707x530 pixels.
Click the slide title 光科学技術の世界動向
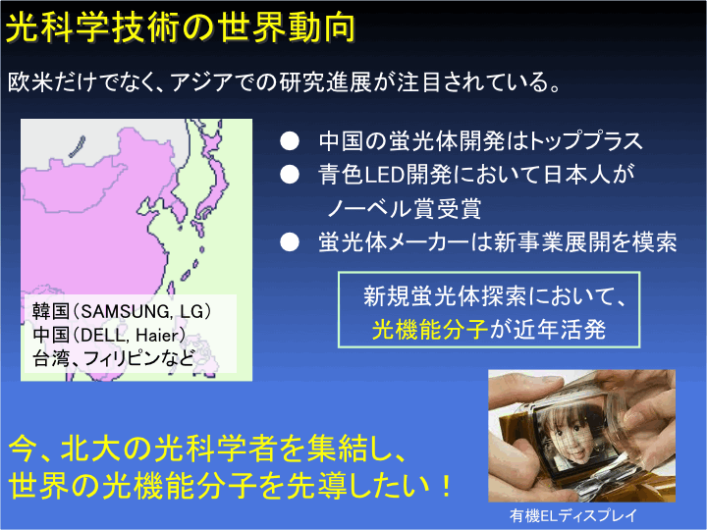click(x=181, y=27)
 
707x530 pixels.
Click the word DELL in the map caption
click(x=102, y=336)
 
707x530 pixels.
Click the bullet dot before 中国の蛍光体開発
click(x=290, y=141)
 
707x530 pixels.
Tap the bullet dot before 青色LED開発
click(x=290, y=175)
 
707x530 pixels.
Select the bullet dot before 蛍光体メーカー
click(x=290, y=242)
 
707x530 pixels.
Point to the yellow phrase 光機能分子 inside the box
click(x=430, y=330)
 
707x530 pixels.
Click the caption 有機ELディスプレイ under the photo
click(x=573, y=515)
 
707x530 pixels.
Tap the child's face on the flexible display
click(x=568, y=435)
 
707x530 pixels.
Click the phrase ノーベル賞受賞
click(x=405, y=209)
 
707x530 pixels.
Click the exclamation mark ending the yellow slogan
click(x=446, y=487)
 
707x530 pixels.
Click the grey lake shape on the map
click(x=78, y=147)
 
